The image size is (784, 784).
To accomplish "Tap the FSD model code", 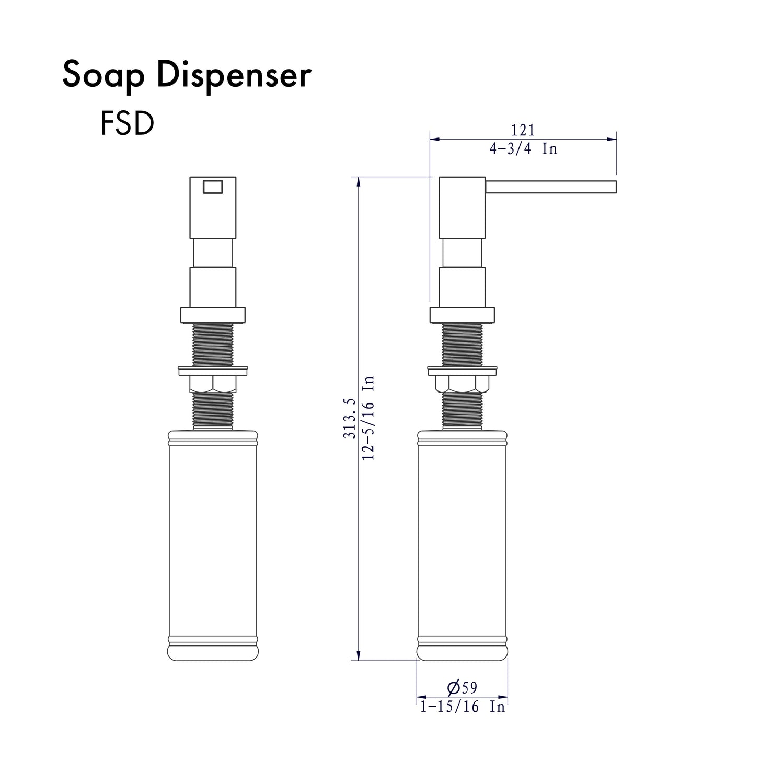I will point(127,124).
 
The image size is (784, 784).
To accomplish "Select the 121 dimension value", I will point(523,130).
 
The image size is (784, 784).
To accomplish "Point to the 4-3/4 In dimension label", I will point(523,149).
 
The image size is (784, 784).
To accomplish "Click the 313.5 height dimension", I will point(350,418).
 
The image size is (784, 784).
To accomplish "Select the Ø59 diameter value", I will point(463,687).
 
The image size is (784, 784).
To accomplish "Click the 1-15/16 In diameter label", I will point(463,707).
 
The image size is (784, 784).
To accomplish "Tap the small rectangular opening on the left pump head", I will point(212,187).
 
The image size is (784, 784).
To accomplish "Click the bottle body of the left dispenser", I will point(212,538).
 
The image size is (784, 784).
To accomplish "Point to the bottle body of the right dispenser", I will point(462,538).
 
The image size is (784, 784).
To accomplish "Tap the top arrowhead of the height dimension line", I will point(359,181).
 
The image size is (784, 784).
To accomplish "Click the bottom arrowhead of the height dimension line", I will point(359,656).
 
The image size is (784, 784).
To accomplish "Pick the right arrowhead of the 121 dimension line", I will point(613,140).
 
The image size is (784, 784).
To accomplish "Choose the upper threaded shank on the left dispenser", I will point(212,344).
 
